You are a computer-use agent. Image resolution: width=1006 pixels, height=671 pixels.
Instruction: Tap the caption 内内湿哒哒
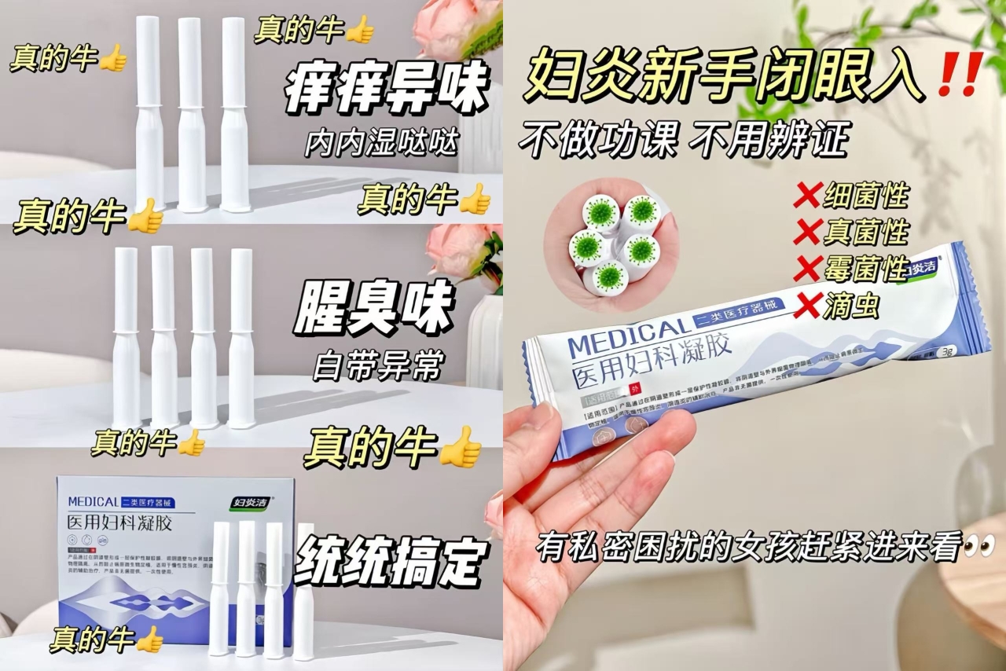tap(382, 143)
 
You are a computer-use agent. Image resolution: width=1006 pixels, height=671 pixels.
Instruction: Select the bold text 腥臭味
tap(373, 308)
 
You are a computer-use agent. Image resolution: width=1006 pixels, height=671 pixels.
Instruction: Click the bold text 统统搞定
tap(391, 561)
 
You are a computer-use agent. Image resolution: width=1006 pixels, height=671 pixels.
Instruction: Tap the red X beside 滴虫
tap(807, 306)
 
